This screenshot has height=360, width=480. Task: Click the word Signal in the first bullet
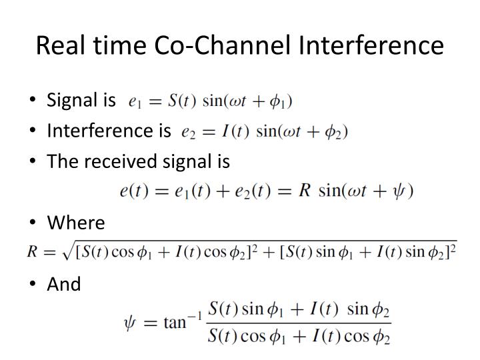pyautogui.click(x=72, y=100)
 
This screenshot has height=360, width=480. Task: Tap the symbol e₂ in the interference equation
pyautogui.click(x=189, y=132)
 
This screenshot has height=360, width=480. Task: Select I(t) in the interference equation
pyautogui.click(x=231, y=131)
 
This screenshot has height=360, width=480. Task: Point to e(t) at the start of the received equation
pyautogui.click(x=133, y=191)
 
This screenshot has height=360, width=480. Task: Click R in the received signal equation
pyautogui.click(x=305, y=191)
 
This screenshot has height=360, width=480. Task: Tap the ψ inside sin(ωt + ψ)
pyautogui.click(x=398, y=191)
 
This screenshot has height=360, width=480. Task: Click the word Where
pyautogui.click(x=76, y=223)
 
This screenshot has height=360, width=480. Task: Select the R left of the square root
pyautogui.click(x=32, y=253)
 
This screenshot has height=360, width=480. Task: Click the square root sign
pyautogui.click(x=67, y=252)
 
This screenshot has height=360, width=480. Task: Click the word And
pyautogui.click(x=64, y=284)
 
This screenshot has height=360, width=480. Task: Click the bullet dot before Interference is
pyautogui.click(x=34, y=131)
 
